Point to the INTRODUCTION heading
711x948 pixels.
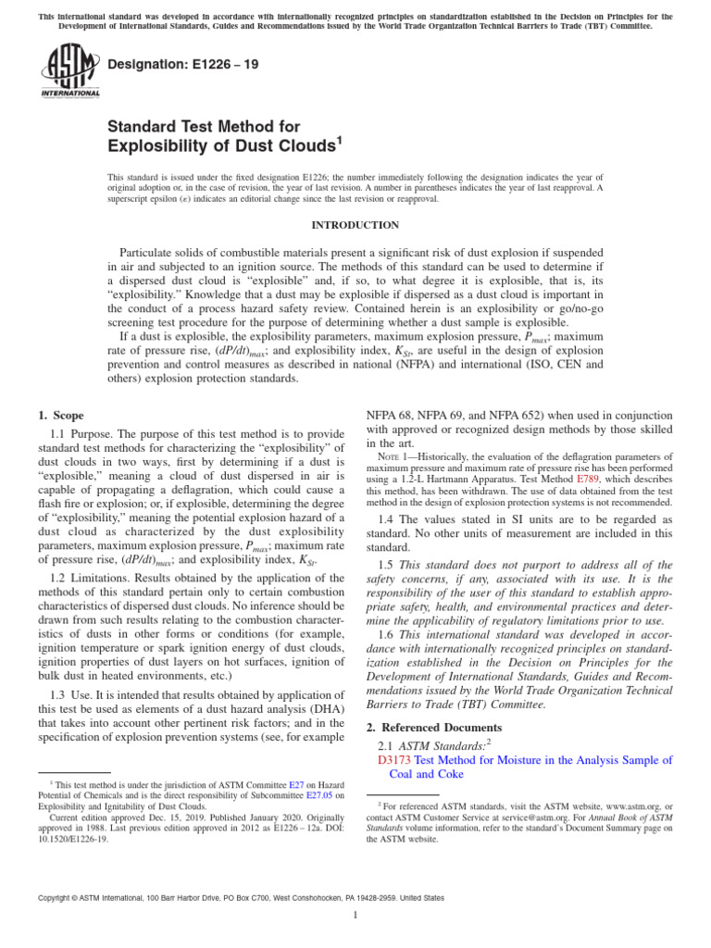tap(355, 225)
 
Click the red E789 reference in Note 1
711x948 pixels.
tap(588, 480)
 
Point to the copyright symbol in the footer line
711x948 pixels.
tap(40, 897)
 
